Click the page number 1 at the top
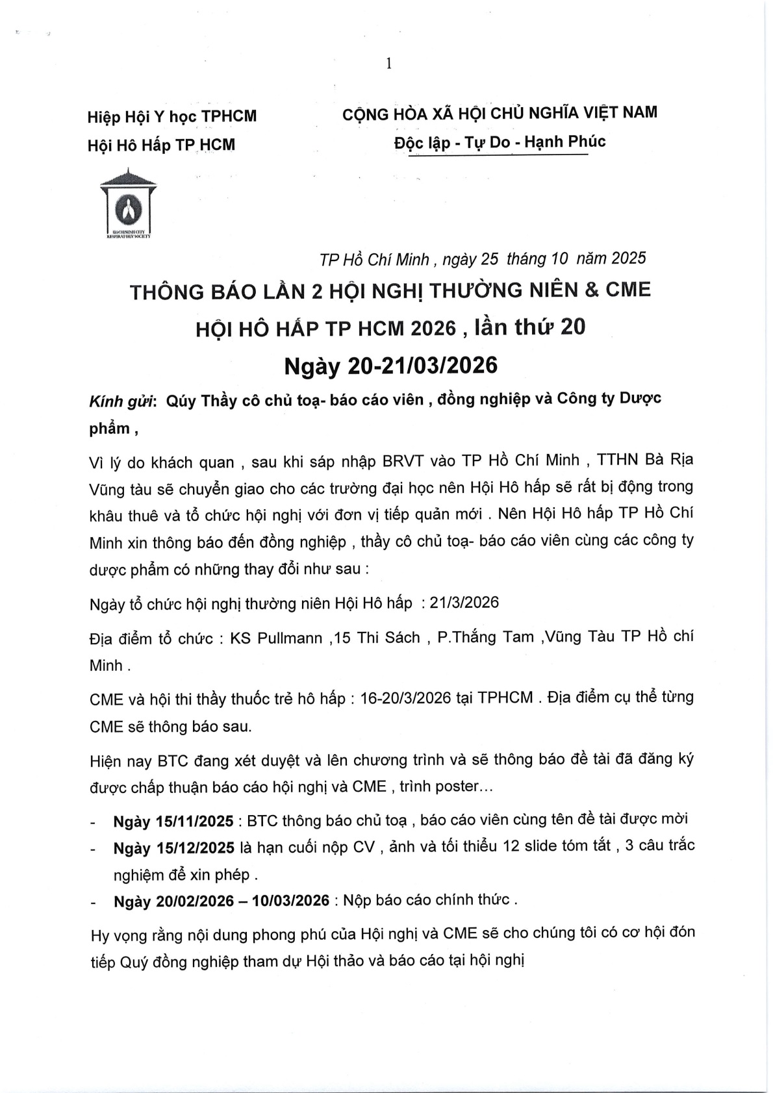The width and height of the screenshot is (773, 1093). pos(388,63)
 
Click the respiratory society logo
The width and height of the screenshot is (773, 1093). pos(128,205)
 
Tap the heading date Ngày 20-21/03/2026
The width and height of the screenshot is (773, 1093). pos(391,366)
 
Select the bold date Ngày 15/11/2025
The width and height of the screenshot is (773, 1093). pos(173,822)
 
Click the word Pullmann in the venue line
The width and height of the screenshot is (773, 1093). pos(290,638)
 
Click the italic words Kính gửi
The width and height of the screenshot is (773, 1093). pos(121,401)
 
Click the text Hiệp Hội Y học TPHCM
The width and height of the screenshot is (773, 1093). pos(172,116)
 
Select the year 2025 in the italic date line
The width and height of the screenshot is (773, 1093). pos(628,258)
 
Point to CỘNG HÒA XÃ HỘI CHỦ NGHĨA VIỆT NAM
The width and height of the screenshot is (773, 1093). pos(500,113)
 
